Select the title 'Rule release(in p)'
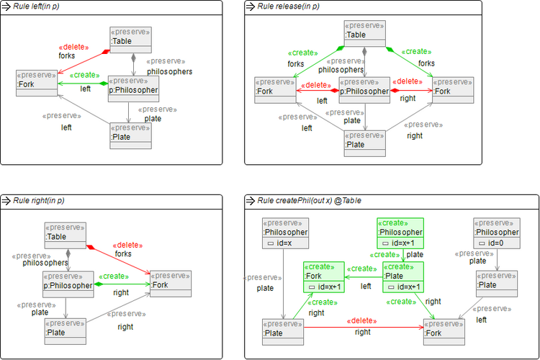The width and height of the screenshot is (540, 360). (x=289, y=6)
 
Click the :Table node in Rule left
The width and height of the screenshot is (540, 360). (x=131, y=40)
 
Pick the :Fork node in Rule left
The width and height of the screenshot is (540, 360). (x=37, y=82)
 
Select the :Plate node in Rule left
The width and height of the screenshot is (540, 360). (x=130, y=135)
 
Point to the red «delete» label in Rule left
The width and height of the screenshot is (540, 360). (x=73, y=47)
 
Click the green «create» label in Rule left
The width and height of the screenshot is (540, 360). (x=86, y=75)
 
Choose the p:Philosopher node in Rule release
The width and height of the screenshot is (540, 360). (x=364, y=90)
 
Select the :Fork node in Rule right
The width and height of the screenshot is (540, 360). (x=170, y=283)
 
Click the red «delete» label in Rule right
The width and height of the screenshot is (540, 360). (x=127, y=245)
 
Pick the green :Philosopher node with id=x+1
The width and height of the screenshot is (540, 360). (x=400, y=233)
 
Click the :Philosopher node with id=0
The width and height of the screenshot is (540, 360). (x=496, y=233)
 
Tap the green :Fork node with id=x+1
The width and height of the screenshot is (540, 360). (x=323, y=276)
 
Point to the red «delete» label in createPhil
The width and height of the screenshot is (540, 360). (x=362, y=322)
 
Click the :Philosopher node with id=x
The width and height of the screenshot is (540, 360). (x=285, y=233)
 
